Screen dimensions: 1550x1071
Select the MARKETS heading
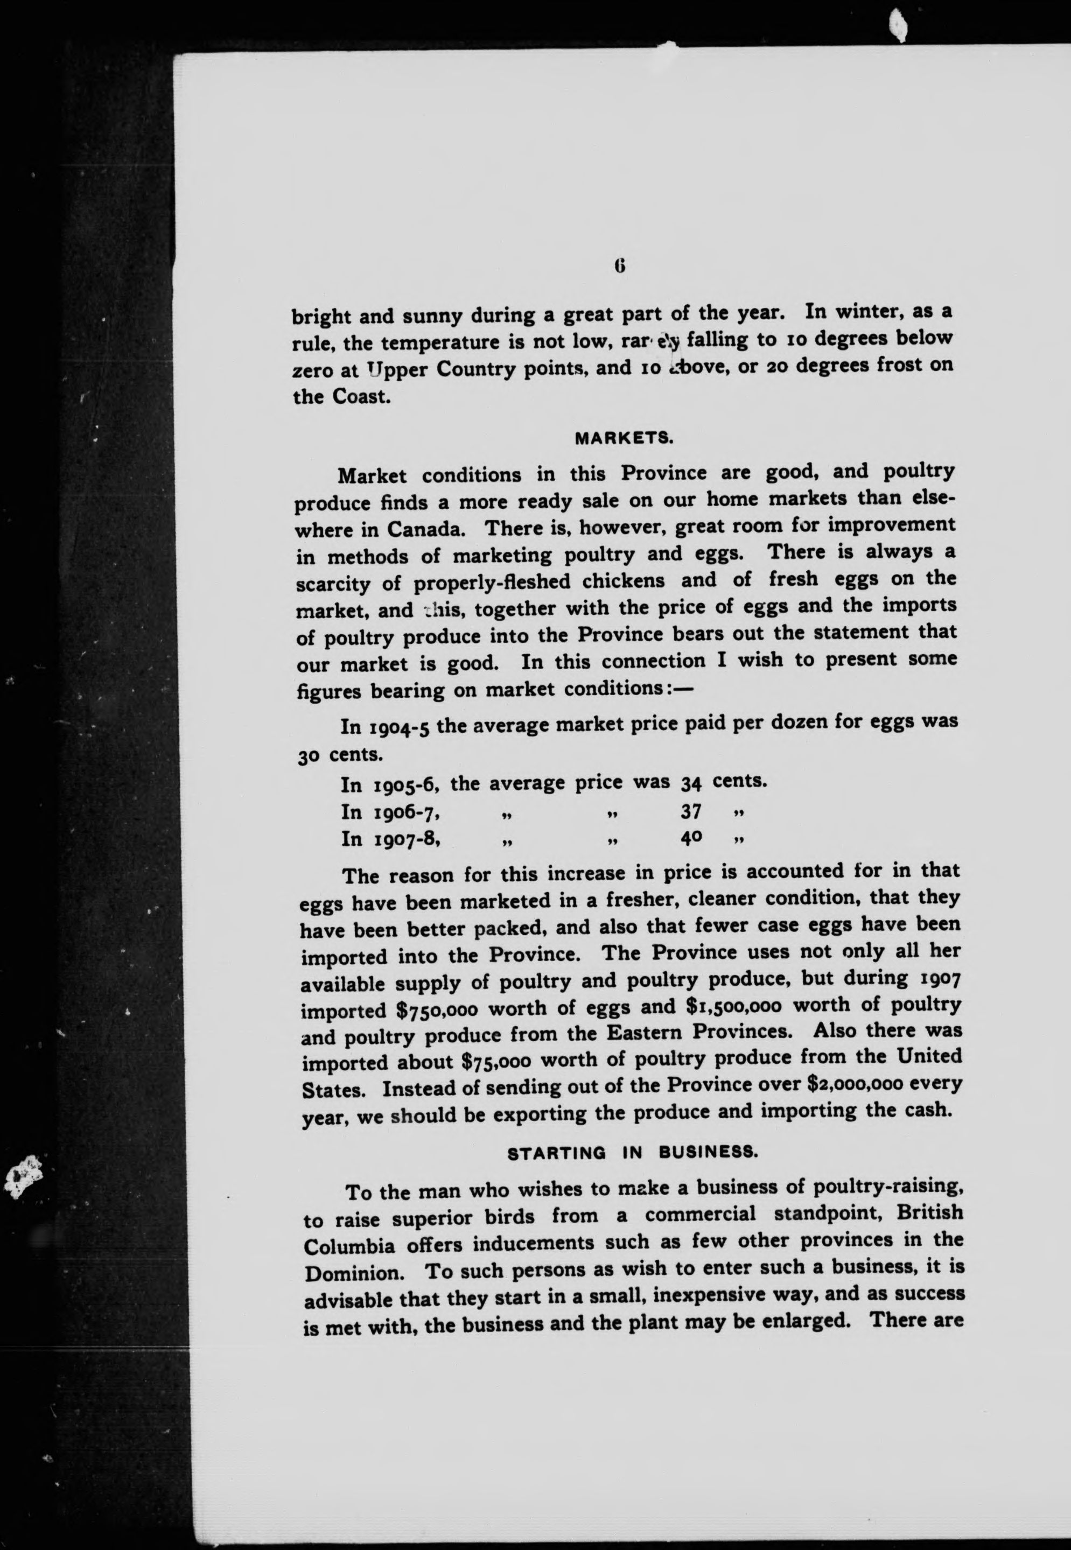point(624,439)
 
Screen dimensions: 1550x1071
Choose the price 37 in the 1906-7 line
point(691,812)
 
